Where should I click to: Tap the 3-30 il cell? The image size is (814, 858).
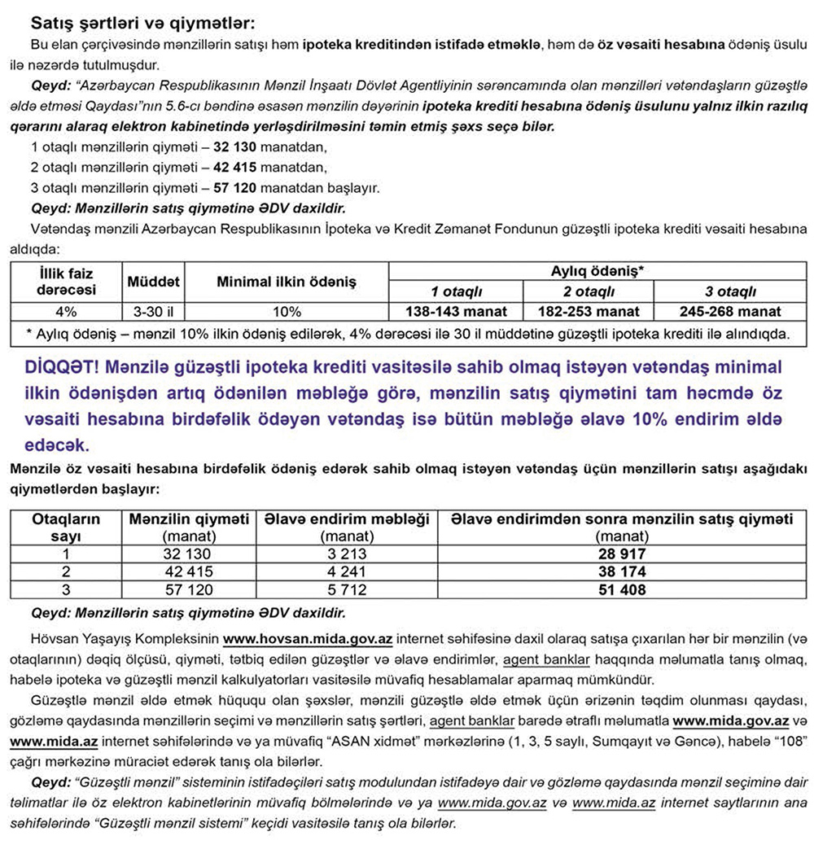(x=154, y=311)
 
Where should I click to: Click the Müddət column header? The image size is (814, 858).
(x=154, y=282)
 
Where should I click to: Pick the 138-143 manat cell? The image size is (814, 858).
(x=456, y=311)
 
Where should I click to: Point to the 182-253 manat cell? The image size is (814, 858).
(x=589, y=311)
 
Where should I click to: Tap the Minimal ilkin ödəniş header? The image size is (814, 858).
(x=287, y=282)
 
